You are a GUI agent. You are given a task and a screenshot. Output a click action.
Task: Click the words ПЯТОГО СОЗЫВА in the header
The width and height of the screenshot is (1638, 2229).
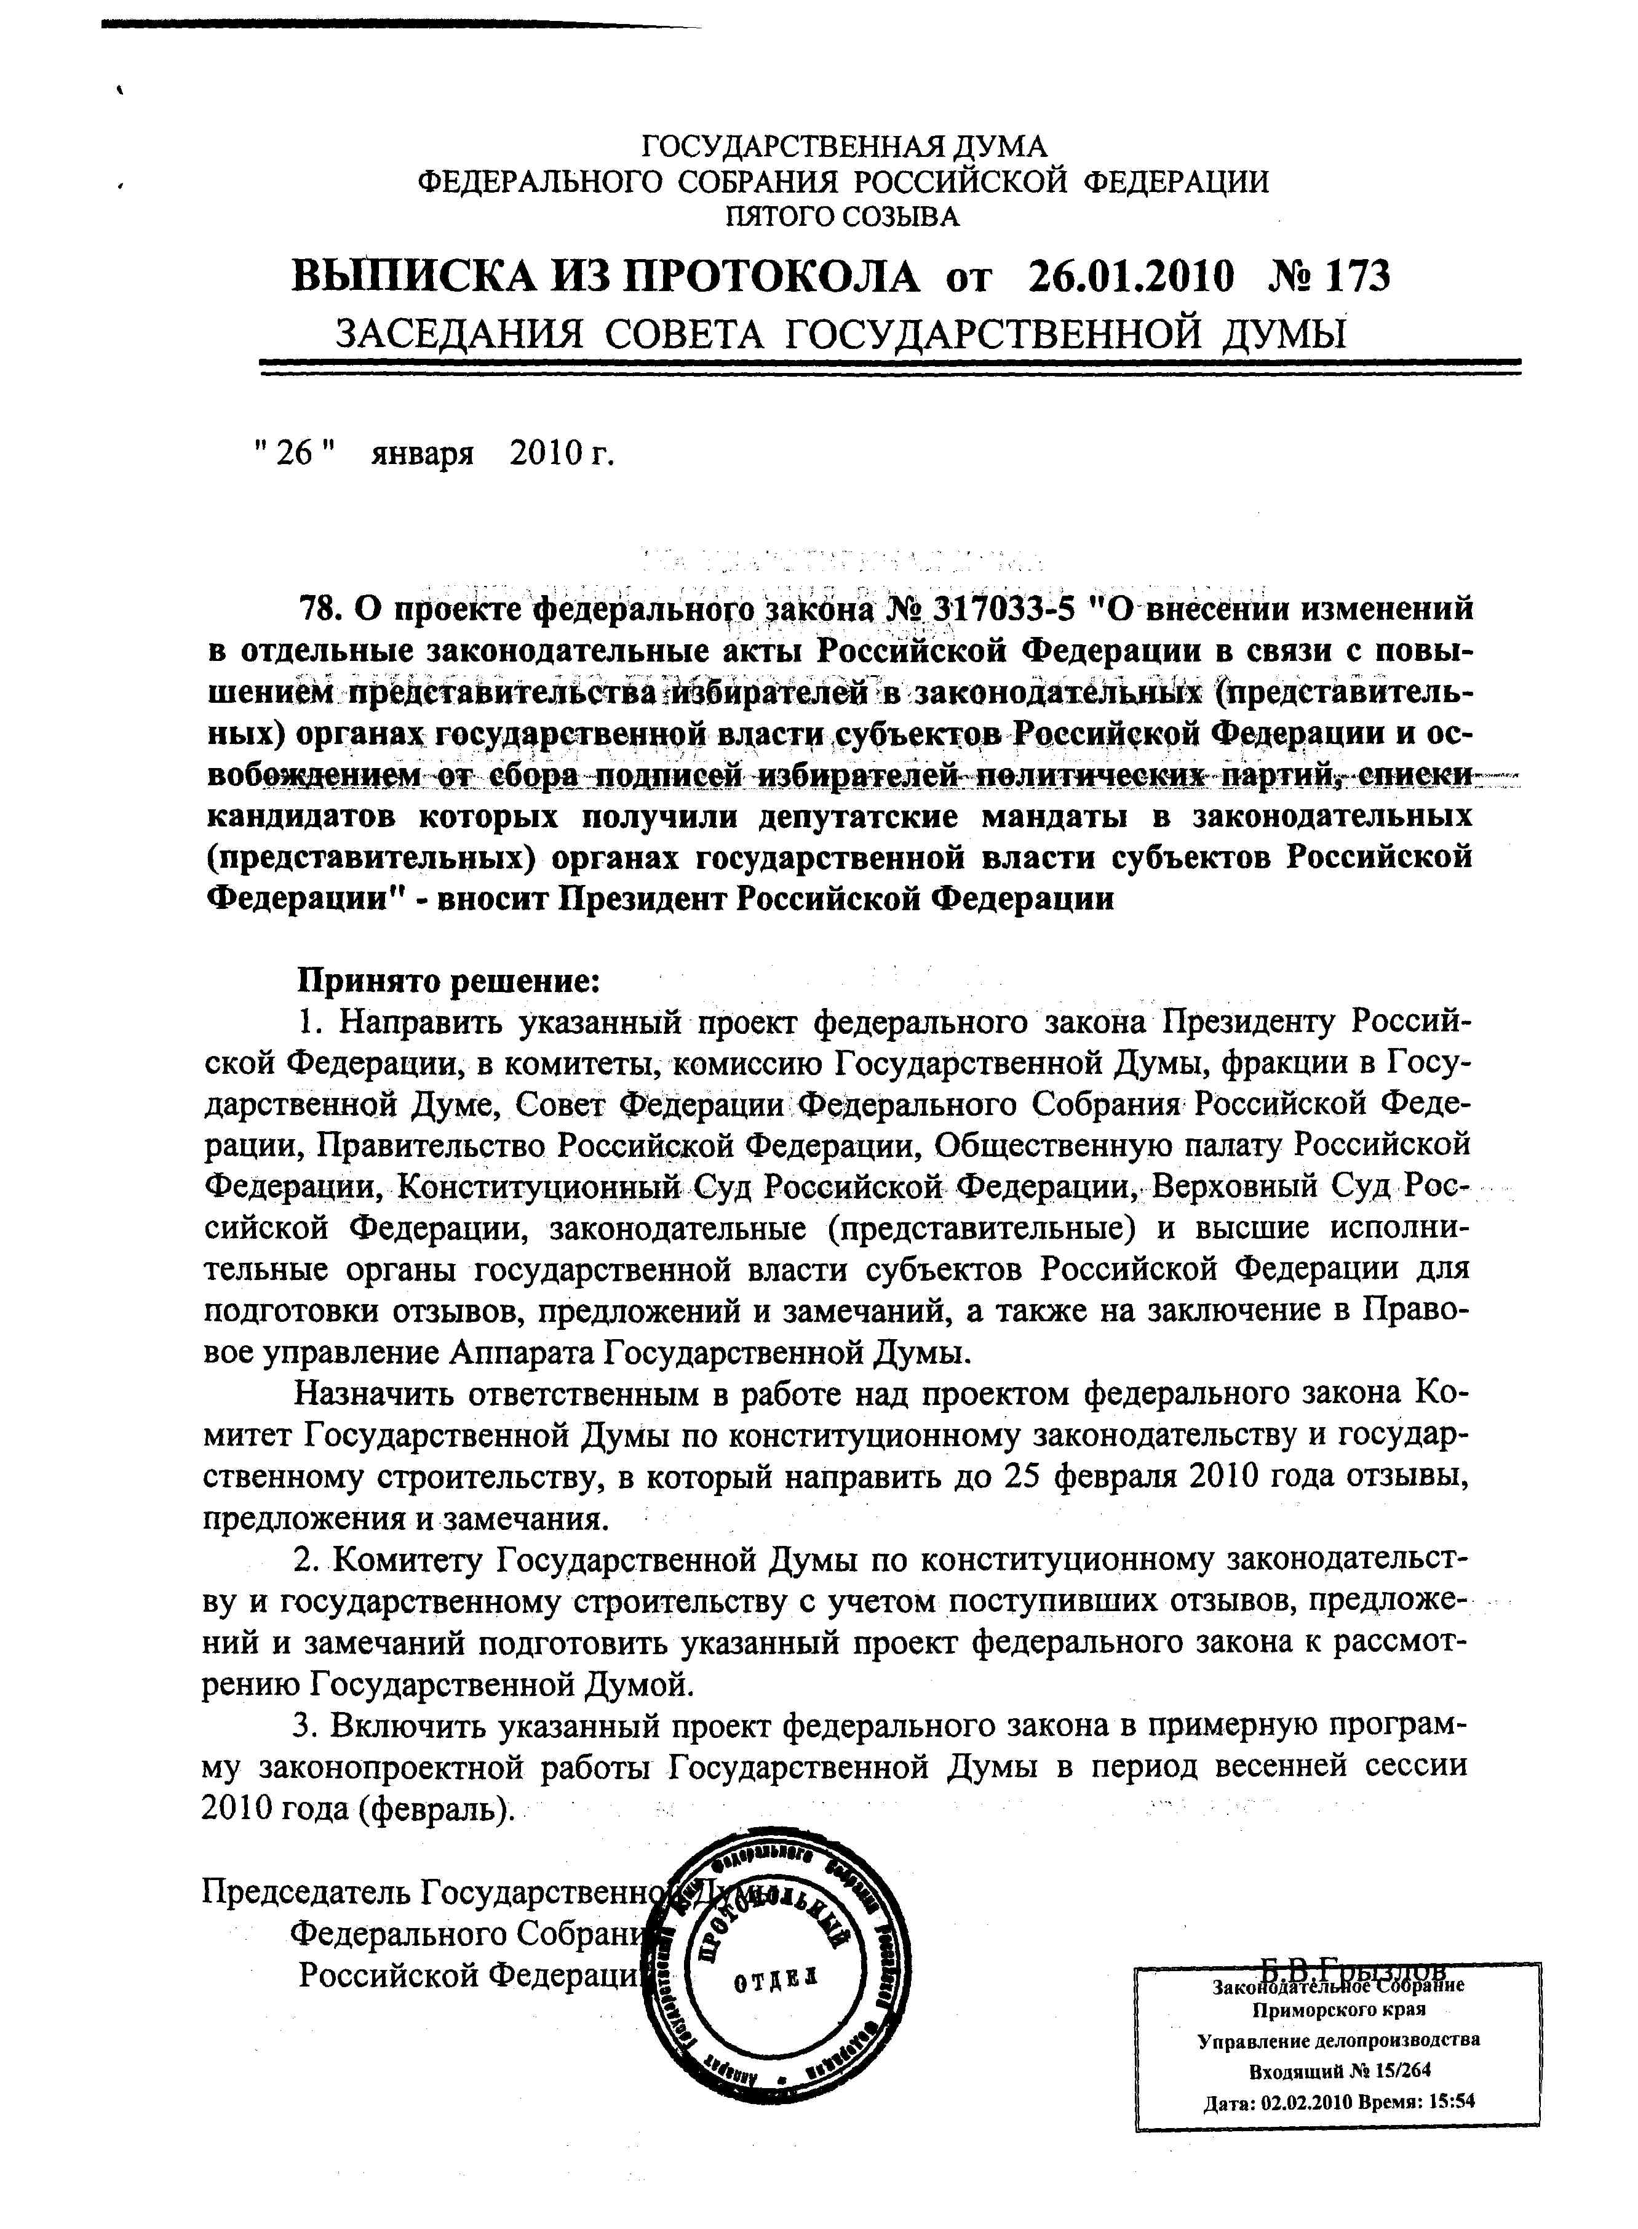[843, 215]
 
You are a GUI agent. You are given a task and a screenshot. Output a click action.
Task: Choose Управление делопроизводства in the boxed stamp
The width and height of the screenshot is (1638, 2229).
[1338, 2041]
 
